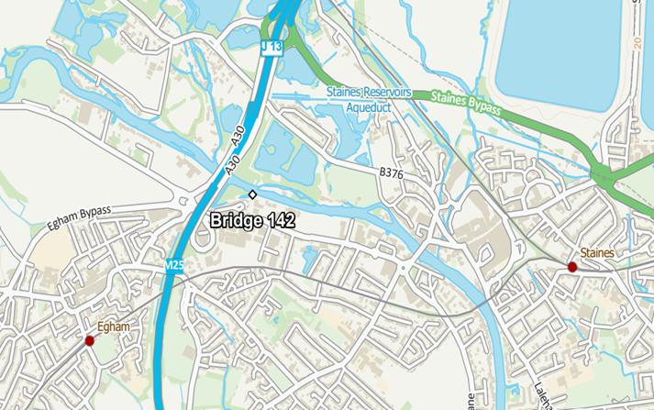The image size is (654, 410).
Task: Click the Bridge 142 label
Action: point(251,220)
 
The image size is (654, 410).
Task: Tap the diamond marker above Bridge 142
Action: point(252,194)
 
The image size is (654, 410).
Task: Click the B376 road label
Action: point(392,172)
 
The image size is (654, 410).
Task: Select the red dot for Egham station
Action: point(89,340)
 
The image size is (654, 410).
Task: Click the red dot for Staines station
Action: point(571,267)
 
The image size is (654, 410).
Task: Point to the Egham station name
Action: point(115,327)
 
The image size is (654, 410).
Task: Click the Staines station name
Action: point(597,252)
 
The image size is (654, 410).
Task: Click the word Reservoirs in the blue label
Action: point(385,93)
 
